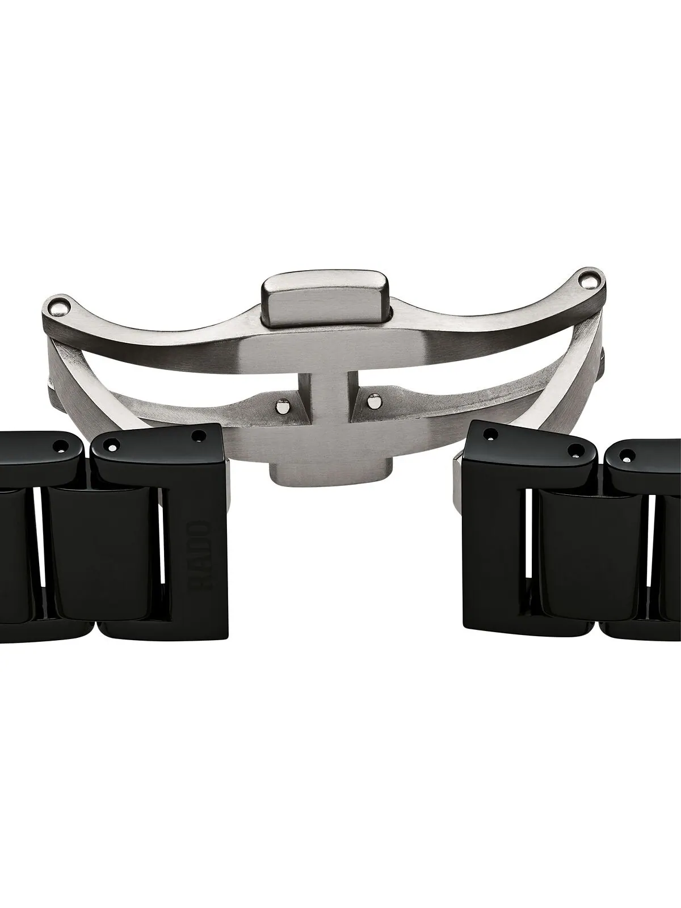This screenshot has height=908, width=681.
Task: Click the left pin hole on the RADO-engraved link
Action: (112, 447)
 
